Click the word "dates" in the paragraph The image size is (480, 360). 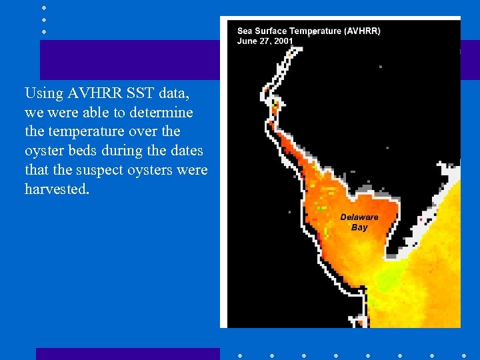point(184,151)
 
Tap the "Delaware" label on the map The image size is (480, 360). point(359,217)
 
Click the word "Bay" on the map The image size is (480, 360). point(359,227)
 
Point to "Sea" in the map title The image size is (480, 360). point(245,31)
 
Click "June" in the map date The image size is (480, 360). point(247,41)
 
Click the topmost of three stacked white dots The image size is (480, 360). point(43,7)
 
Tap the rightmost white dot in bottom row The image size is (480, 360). point(463,355)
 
